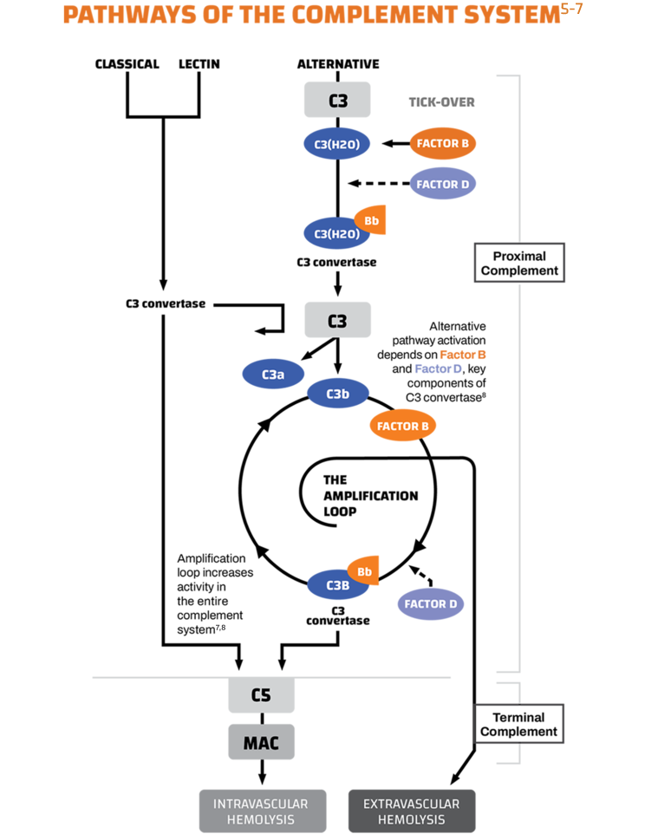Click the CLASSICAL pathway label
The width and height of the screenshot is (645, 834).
(x=127, y=64)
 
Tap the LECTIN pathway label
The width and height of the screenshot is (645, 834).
(x=199, y=64)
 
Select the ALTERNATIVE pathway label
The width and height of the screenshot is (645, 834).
(x=337, y=64)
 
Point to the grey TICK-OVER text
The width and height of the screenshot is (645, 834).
(x=441, y=102)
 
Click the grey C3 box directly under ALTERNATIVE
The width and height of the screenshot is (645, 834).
(x=337, y=100)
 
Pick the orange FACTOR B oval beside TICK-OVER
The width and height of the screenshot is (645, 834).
(x=442, y=143)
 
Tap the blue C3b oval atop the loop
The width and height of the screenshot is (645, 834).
(x=337, y=394)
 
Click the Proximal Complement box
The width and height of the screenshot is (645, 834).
(x=518, y=264)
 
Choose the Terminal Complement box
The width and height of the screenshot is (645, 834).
(x=518, y=725)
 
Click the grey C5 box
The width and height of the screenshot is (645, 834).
(x=261, y=695)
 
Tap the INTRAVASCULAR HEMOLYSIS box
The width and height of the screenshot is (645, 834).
(x=261, y=811)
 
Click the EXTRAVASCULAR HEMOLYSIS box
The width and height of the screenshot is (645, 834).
(x=412, y=811)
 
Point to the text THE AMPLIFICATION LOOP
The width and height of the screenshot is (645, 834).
(x=369, y=495)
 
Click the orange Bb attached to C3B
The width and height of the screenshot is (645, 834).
(x=365, y=570)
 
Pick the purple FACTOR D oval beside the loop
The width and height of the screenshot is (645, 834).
(x=430, y=603)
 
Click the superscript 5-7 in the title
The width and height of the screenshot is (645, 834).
(x=603, y=10)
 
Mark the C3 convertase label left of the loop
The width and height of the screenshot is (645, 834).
(x=164, y=304)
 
